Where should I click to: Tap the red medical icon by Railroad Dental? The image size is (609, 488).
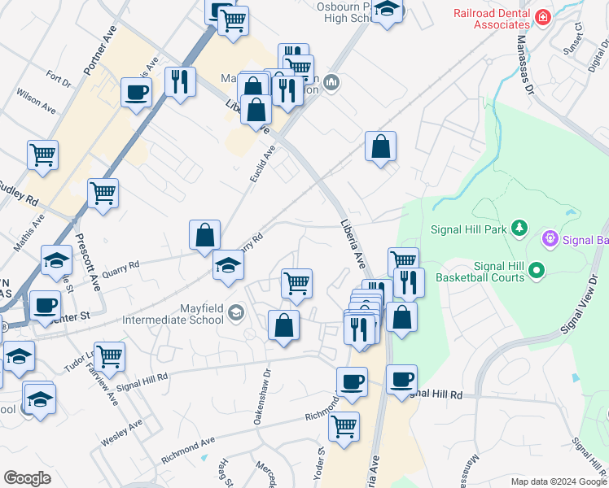tap(541, 15)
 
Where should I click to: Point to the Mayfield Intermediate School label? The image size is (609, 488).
tap(173, 313)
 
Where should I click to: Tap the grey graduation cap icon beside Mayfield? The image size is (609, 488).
tap(235, 312)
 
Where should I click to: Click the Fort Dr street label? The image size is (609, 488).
tap(59, 80)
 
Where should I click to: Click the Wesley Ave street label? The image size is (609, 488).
tap(121, 432)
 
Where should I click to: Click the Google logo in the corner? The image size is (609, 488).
tap(27, 478)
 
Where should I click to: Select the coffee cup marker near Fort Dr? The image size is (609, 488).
tap(136, 91)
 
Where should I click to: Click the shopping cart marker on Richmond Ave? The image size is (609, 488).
tap(344, 425)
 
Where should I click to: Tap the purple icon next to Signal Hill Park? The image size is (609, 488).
tap(550, 239)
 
